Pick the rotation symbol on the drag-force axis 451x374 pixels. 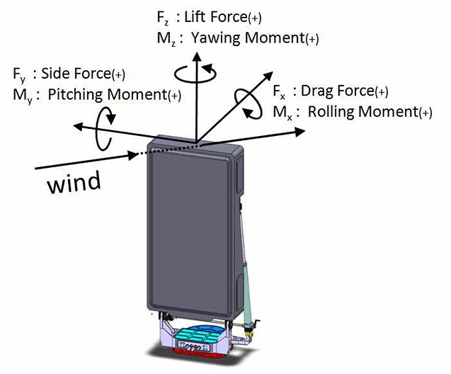click(249, 101)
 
